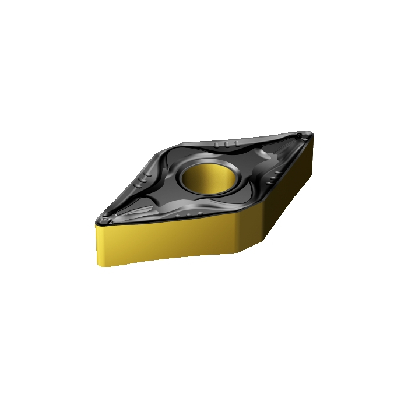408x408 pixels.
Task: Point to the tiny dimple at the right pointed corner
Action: (x=299, y=136)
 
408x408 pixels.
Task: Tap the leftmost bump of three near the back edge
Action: (x=217, y=144)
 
